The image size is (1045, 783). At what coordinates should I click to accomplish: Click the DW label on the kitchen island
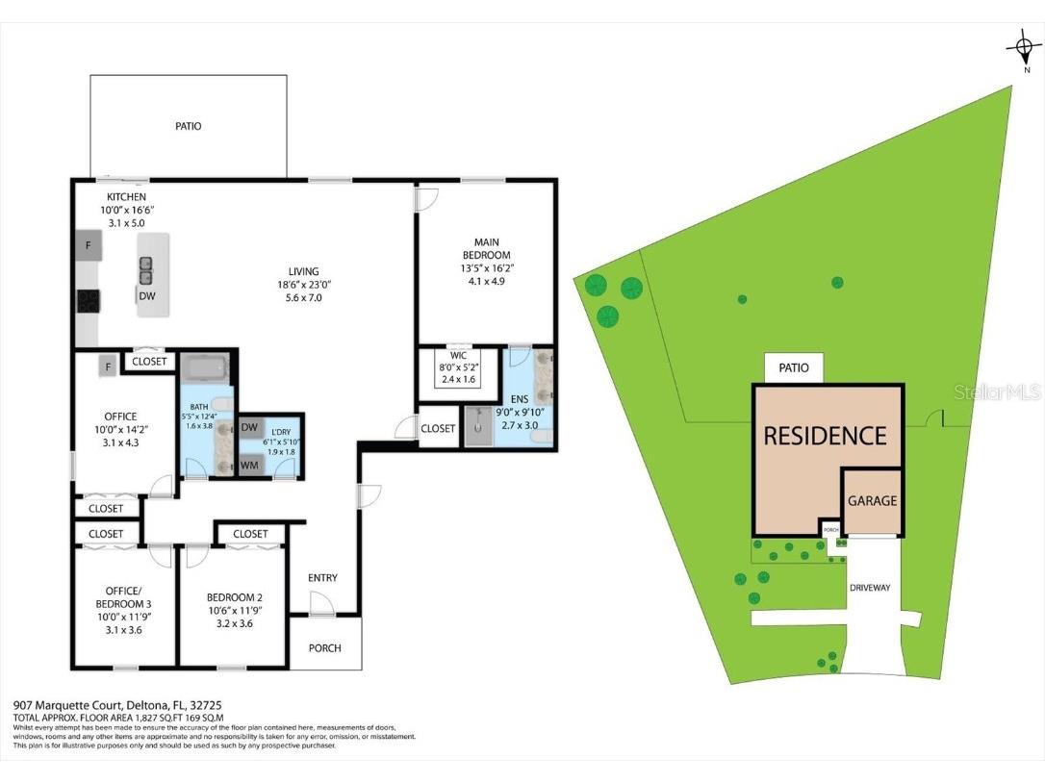click(x=147, y=296)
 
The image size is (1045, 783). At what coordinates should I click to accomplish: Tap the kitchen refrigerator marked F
click(x=88, y=244)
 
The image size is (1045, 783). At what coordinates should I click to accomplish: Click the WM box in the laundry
click(x=249, y=466)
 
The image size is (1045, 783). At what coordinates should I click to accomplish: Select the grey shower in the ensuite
click(x=478, y=427)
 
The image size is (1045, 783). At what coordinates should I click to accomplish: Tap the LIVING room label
click(x=303, y=271)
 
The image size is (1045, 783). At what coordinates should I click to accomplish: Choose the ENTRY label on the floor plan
click(x=322, y=577)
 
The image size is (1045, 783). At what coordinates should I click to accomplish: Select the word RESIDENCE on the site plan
click(x=825, y=436)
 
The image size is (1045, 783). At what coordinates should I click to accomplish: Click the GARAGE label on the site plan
click(x=872, y=500)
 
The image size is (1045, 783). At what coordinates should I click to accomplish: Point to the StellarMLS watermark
click(x=1005, y=391)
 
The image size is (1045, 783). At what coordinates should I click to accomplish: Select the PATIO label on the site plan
click(x=794, y=367)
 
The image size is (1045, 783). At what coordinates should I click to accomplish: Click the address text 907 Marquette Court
click(x=67, y=704)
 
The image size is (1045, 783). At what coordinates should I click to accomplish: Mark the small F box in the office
click(x=110, y=366)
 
